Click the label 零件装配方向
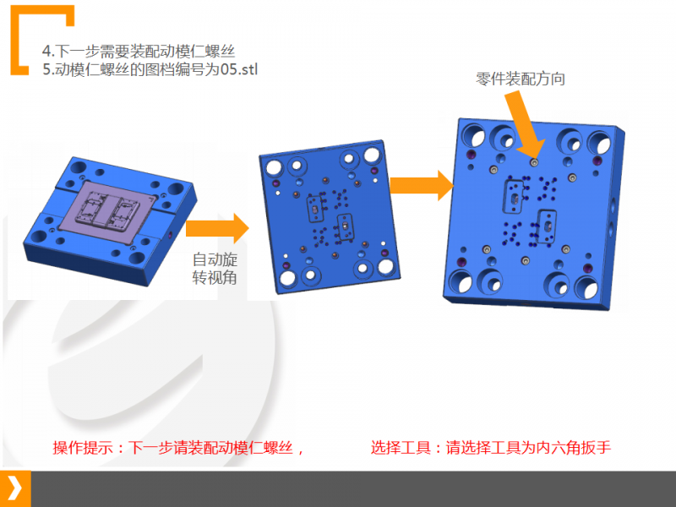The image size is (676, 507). click(521, 79)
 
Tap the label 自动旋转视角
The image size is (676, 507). click(215, 269)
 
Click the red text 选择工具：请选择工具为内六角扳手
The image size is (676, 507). click(491, 448)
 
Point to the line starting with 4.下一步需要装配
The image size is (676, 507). click(139, 51)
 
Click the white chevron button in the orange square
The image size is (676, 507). click(15, 488)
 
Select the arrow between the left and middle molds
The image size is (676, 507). click(217, 228)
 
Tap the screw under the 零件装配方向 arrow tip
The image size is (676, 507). click(534, 162)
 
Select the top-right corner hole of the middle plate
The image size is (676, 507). click(372, 155)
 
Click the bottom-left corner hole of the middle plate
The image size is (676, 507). click(288, 278)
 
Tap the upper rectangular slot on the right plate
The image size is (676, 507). click(514, 197)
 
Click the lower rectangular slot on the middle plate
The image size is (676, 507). click(345, 226)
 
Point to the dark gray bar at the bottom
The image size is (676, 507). click(353, 489)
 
